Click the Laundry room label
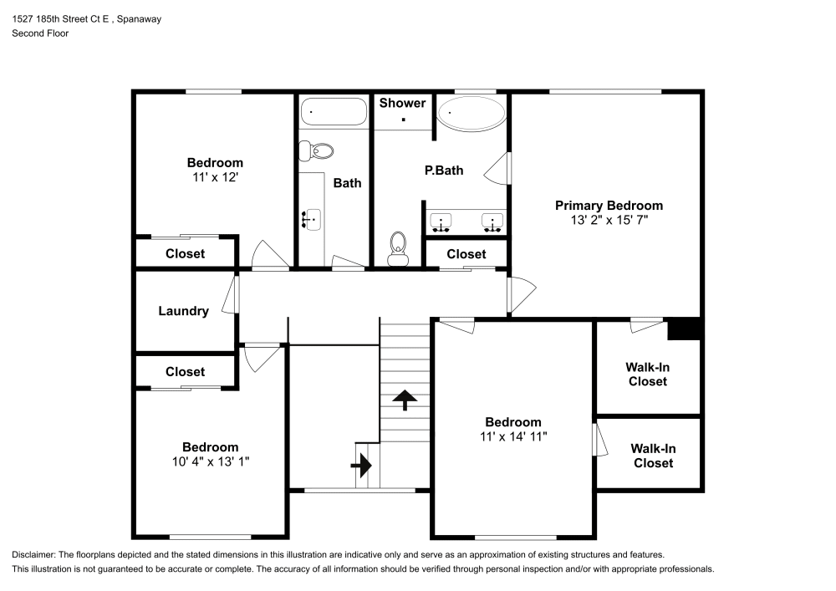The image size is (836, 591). pyautogui.click(x=183, y=311)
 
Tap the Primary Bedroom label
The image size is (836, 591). pyautogui.click(x=609, y=206)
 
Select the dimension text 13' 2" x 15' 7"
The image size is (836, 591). pyautogui.click(x=609, y=221)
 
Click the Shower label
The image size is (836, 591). pyautogui.click(x=402, y=103)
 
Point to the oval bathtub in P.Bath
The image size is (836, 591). pyautogui.click(x=472, y=113)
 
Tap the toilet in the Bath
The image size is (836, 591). pyautogui.click(x=317, y=150)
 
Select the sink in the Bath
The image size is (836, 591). pyautogui.click(x=311, y=219)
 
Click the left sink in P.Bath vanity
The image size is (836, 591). pyautogui.click(x=441, y=222)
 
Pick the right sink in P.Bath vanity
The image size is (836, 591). pyautogui.click(x=492, y=222)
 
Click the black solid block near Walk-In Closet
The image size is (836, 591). pyautogui.click(x=684, y=329)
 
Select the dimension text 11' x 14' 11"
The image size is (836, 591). pyautogui.click(x=514, y=436)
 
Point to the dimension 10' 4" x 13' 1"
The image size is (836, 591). pyautogui.click(x=211, y=461)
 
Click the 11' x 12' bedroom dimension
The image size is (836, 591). pyautogui.click(x=215, y=177)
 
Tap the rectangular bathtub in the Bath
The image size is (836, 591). pyautogui.click(x=334, y=111)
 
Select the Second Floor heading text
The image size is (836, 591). pyautogui.click(x=40, y=33)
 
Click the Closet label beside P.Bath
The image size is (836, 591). pyautogui.click(x=466, y=254)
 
